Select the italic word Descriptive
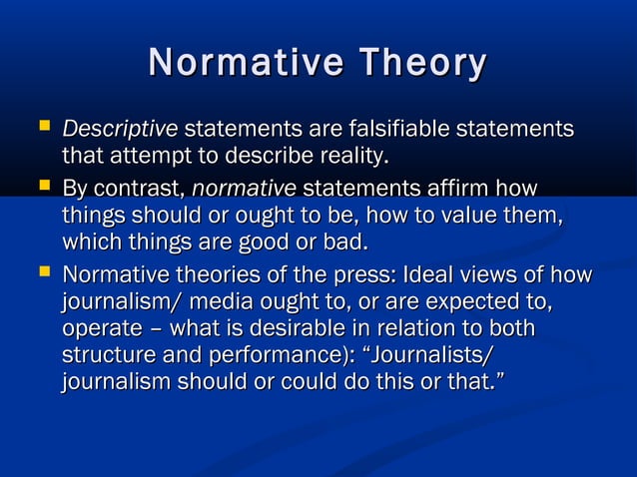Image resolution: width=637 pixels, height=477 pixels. pyautogui.click(x=120, y=130)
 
